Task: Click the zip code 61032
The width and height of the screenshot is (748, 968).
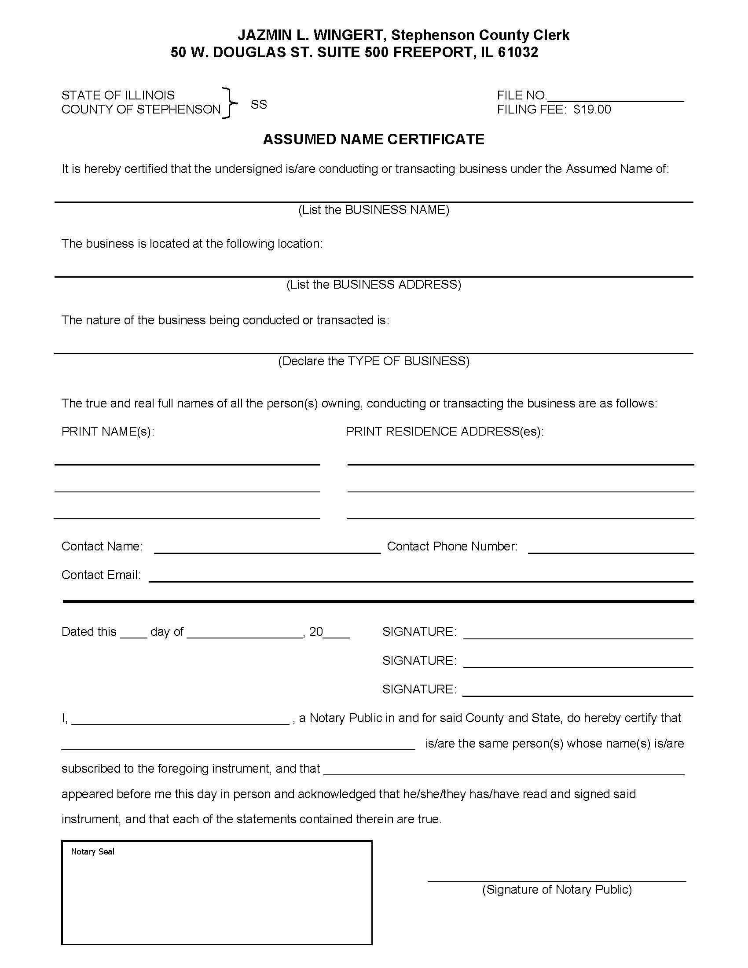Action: pos(517,52)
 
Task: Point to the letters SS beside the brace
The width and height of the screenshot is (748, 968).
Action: pos(259,104)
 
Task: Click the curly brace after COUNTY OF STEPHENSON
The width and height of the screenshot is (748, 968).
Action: pos(230,103)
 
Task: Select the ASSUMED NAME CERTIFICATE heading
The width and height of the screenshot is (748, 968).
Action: pos(373,139)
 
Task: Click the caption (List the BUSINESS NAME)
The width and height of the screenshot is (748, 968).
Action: pos(374,209)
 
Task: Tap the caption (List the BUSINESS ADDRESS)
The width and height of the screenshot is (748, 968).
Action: pos(374,285)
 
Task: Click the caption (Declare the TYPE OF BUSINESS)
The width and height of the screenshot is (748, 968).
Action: pos(374,361)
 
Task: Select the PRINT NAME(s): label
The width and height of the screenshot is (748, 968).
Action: pos(108,431)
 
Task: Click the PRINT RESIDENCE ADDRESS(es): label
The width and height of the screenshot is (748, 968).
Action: pos(444,431)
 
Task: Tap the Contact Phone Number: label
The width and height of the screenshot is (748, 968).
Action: pos(452,546)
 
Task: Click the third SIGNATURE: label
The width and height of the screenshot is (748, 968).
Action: pos(419,689)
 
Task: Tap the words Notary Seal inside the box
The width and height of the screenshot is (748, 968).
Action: pos(92,851)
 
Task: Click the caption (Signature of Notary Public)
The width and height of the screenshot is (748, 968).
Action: pos(557,890)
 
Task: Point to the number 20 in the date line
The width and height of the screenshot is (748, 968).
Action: pos(315,631)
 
